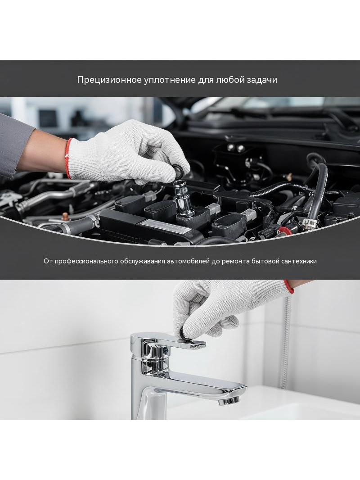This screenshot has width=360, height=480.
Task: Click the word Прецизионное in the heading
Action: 109,80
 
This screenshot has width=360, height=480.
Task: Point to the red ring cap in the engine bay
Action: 283,230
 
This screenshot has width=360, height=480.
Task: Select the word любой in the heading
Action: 226,80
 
